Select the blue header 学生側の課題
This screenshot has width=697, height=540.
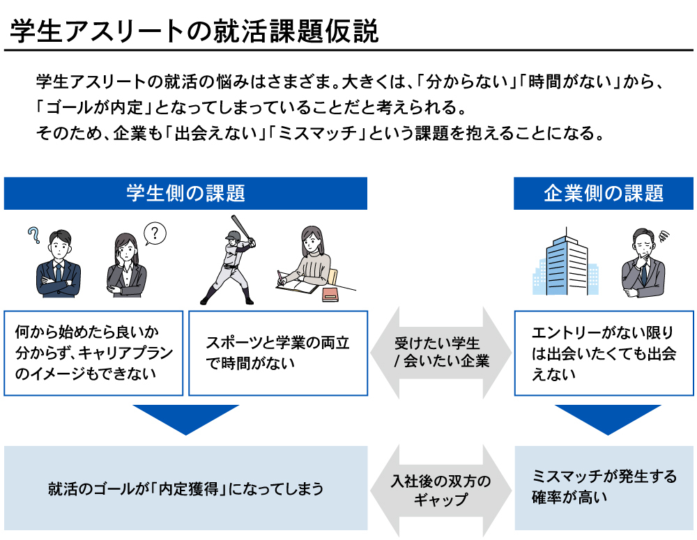[x=185, y=194]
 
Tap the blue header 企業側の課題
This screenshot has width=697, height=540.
[x=604, y=194]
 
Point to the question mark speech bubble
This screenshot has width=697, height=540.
[x=155, y=233]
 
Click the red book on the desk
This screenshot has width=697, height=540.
[x=330, y=295]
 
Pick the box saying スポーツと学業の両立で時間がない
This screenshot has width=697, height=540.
[x=277, y=353]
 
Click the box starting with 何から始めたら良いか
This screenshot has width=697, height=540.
[x=93, y=353]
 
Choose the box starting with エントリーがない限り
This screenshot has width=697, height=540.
[x=604, y=353]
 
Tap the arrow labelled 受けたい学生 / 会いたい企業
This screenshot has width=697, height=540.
[x=441, y=353]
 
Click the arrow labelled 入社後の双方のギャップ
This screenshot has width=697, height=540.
[x=441, y=491]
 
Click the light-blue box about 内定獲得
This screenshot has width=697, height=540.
[x=185, y=488]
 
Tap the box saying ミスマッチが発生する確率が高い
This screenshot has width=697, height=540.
[x=604, y=488]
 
